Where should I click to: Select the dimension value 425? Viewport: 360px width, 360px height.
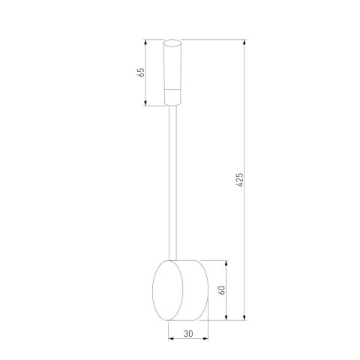point(239,181)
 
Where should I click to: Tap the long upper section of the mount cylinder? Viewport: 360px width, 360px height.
point(174,67)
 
